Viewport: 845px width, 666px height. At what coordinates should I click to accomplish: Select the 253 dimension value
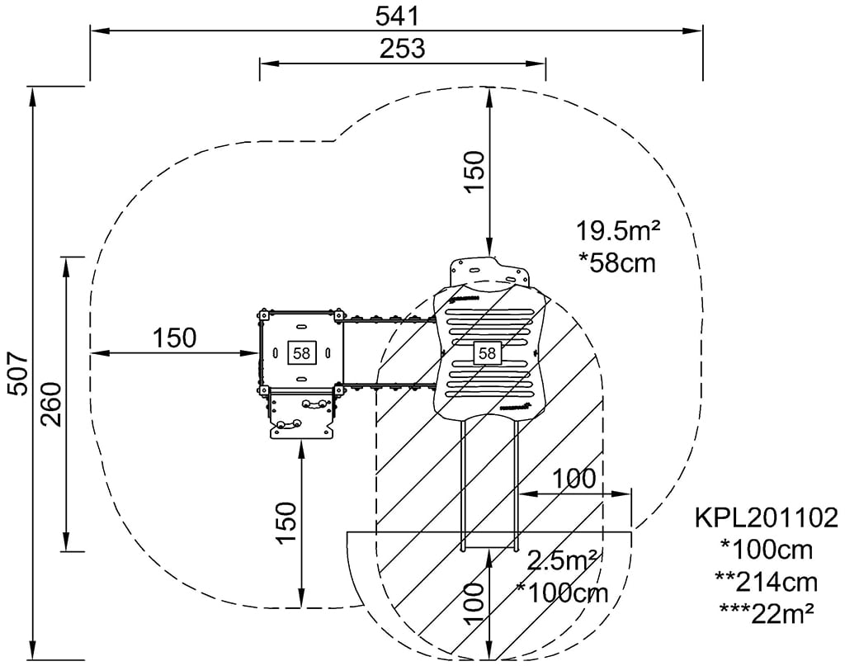coord(402,49)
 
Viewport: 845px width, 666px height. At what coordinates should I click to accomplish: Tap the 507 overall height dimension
coord(17,375)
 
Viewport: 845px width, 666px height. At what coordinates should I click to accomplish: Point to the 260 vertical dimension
coord(51,404)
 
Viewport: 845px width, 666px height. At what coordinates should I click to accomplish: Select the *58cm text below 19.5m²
coord(617,263)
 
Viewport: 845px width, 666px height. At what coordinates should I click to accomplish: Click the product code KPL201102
coord(767,518)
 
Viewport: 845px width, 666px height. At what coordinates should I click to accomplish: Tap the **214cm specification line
coord(767,582)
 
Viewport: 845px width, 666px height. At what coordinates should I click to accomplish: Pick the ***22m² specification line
coord(767,612)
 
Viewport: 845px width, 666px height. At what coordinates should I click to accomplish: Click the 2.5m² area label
coord(564,561)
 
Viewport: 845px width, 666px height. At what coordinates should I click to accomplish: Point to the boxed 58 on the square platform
coord(301,352)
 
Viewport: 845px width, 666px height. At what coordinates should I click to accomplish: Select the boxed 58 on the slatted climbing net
coord(487,353)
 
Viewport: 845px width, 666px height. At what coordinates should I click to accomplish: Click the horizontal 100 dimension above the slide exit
coord(573,479)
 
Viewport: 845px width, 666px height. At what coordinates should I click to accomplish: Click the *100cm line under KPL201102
coord(767,550)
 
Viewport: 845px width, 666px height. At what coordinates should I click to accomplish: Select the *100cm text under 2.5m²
coord(563,593)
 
